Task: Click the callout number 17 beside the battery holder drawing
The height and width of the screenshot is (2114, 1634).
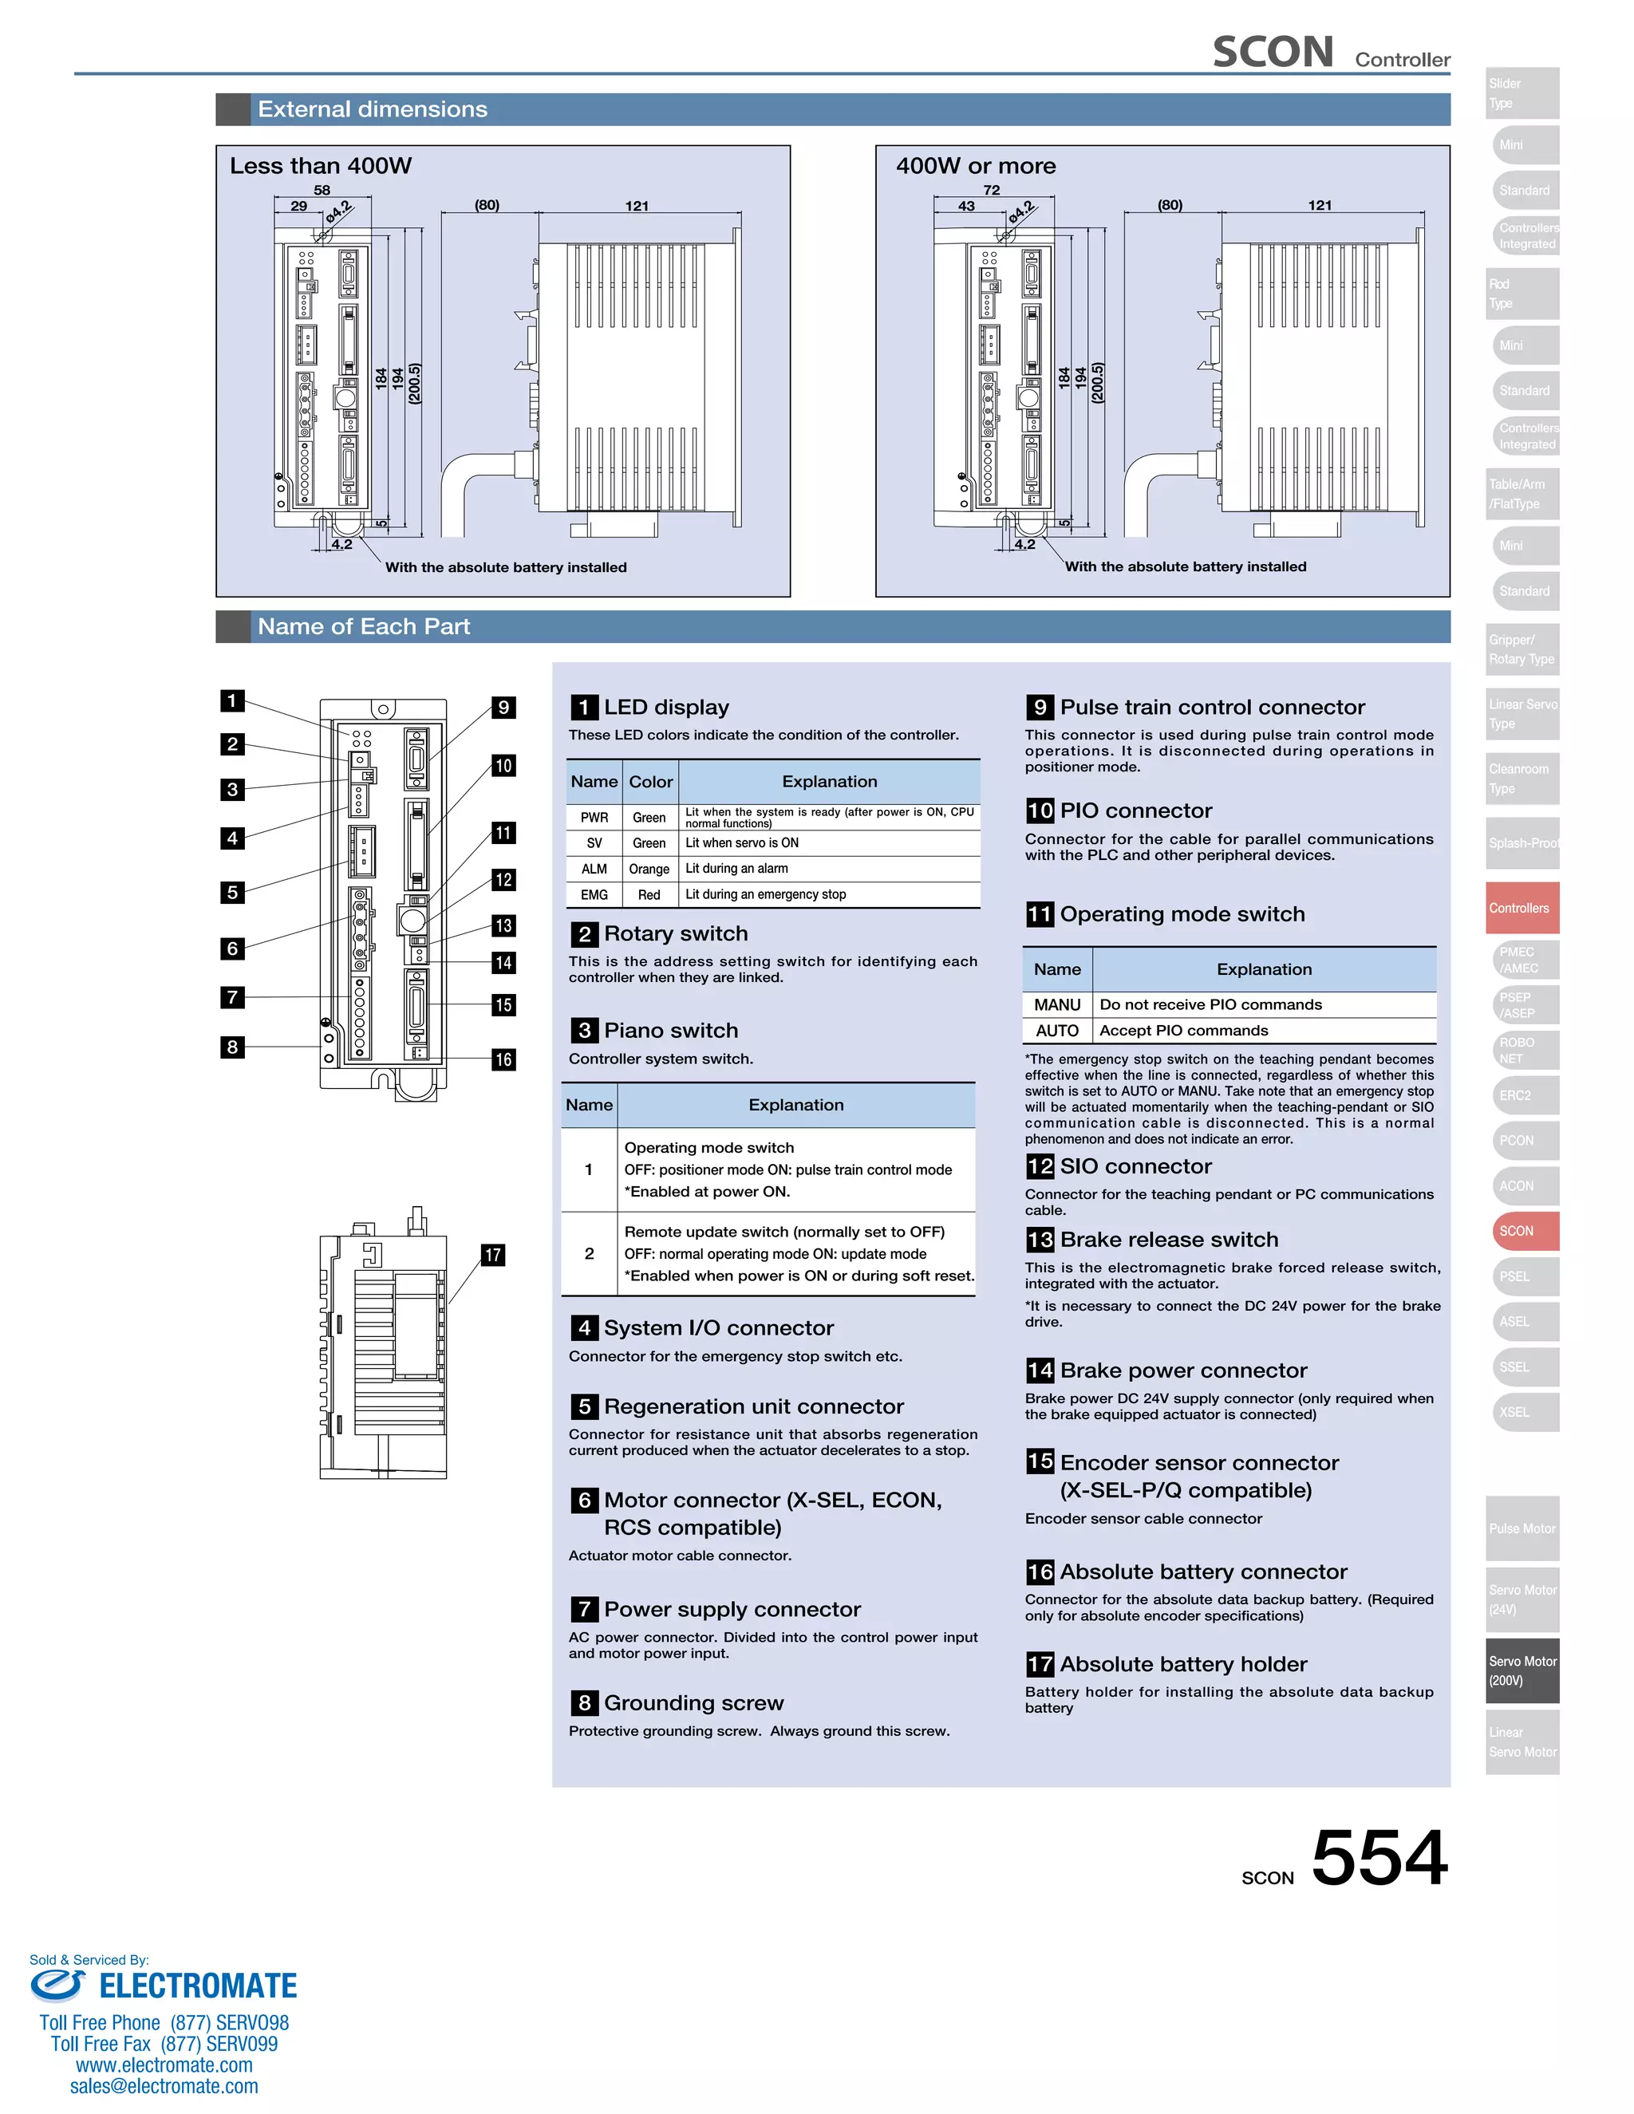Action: click(493, 1256)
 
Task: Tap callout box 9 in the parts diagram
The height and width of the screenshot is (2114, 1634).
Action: click(503, 708)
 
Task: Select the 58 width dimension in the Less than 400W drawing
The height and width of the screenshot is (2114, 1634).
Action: click(322, 191)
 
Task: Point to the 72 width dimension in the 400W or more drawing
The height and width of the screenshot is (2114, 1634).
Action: click(991, 191)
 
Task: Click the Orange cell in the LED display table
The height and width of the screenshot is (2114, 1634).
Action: click(649, 870)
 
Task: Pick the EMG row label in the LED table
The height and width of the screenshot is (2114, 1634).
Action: click(594, 895)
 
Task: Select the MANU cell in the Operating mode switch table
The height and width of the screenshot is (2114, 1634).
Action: click(1057, 1004)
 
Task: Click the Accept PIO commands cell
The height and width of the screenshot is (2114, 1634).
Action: click(1183, 1031)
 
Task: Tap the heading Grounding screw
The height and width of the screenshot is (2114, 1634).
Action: click(693, 1702)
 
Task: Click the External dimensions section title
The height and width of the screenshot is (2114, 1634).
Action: click(373, 109)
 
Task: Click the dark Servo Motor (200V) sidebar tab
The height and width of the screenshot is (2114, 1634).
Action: click(1522, 1670)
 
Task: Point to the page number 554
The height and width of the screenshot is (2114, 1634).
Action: click(1379, 1859)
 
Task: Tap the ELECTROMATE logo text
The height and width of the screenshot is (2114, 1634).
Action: click(198, 1986)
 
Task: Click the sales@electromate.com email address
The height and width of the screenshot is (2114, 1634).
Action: click(164, 2086)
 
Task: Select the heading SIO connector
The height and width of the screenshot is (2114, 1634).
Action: click(1135, 1166)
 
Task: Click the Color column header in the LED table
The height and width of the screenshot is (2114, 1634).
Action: click(650, 782)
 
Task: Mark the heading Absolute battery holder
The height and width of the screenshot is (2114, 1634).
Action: click(1183, 1664)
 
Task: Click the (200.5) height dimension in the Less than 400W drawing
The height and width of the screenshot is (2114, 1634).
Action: click(414, 383)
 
